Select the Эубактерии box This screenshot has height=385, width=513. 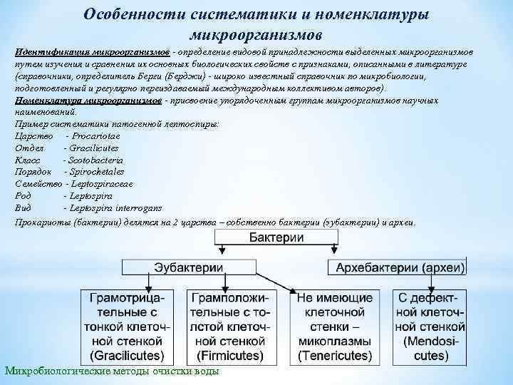click(x=188, y=267)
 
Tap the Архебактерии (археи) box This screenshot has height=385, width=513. click(x=396, y=267)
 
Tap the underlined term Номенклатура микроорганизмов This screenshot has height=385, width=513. click(x=88, y=101)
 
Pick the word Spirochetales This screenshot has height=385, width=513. click(x=95, y=172)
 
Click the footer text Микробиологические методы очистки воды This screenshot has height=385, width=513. click(x=112, y=371)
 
